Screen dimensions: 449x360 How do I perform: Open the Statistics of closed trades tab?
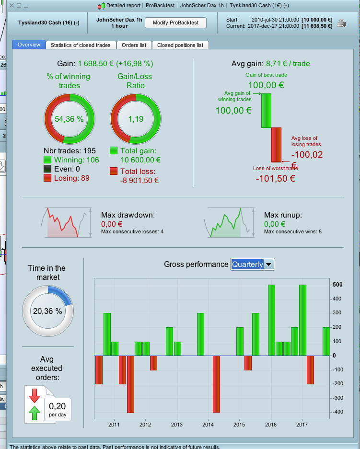tap(81, 45)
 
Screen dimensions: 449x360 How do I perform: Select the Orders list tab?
tap(134, 45)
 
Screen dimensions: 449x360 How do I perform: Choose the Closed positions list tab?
tap(180, 45)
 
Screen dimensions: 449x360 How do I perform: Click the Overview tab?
tap(29, 45)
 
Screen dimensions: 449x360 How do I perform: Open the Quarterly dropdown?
tap(253, 264)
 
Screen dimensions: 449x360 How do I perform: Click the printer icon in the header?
tap(341, 23)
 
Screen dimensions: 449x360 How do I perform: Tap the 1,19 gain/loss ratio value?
tap(136, 119)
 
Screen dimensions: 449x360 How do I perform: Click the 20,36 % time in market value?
tap(47, 311)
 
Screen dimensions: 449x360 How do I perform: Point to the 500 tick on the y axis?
tap(338, 285)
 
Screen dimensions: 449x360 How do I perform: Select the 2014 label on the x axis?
tap(208, 425)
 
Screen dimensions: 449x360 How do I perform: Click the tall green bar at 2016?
tap(271, 320)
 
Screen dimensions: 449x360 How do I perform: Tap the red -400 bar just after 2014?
tap(216, 383)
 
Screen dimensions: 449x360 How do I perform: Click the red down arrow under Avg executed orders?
tap(35, 396)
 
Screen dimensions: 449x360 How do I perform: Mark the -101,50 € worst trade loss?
tap(275, 179)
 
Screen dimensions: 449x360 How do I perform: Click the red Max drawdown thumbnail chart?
tap(62, 223)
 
